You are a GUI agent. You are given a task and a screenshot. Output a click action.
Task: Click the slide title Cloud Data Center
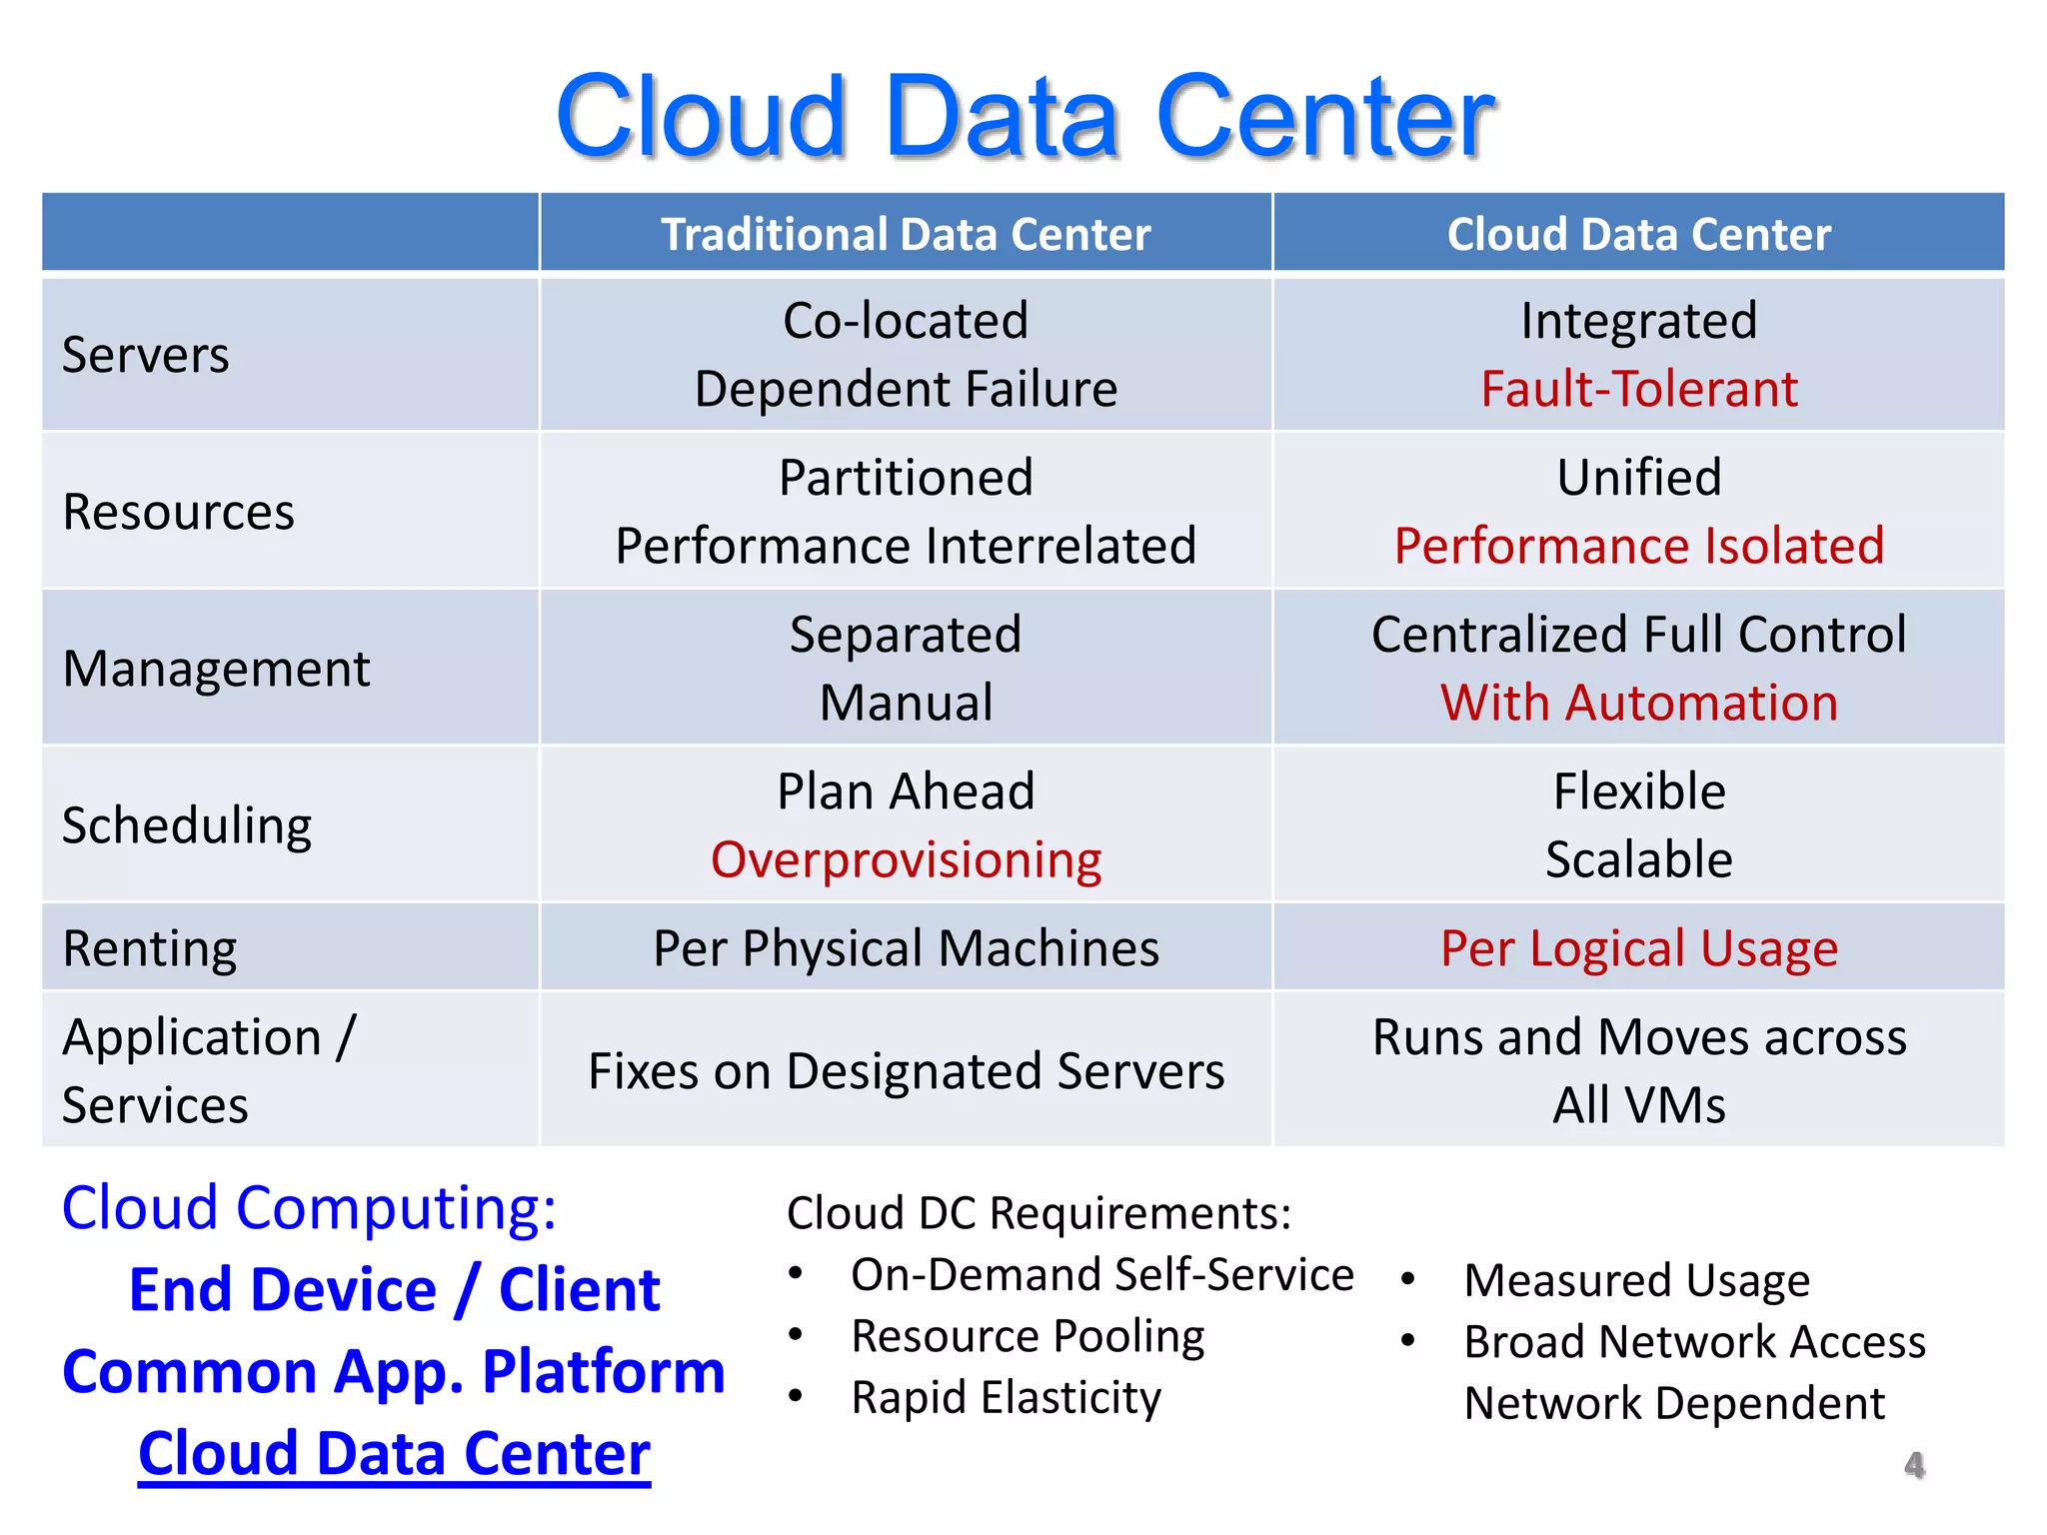click(1023, 117)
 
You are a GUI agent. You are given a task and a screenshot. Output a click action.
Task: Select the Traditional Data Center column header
click(906, 235)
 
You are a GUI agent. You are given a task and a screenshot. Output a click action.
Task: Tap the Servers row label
click(146, 355)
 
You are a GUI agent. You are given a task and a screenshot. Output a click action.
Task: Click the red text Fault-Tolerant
click(1639, 389)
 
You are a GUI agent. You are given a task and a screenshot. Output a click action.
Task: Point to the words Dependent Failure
click(906, 389)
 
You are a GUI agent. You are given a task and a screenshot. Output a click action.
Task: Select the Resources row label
click(178, 512)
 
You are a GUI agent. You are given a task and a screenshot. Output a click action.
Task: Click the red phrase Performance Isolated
click(1639, 546)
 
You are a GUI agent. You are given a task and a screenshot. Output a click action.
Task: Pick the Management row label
click(216, 669)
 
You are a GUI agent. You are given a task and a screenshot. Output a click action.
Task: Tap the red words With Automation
click(1639, 703)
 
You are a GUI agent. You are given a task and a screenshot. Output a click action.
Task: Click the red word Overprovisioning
click(906, 859)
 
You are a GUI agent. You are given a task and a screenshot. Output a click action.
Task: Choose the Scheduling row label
click(187, 826)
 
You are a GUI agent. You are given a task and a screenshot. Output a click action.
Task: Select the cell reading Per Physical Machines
click(906, 948)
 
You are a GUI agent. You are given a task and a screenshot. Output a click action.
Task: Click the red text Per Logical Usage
click(1639, 948)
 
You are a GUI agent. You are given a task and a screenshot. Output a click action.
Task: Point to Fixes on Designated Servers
click(906, 1071)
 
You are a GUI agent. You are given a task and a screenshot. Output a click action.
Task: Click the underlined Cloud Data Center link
click(394, 1453)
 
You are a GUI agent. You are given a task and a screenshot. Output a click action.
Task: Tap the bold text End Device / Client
click(394, 1289)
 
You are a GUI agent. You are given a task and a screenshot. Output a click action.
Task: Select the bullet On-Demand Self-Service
click(1101, 1275)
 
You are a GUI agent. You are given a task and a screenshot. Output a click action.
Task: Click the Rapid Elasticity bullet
click(1006, 1397)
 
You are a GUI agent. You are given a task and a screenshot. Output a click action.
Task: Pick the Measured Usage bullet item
click(1636, 1280)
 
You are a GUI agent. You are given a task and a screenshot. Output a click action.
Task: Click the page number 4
click(1914, 1465)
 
